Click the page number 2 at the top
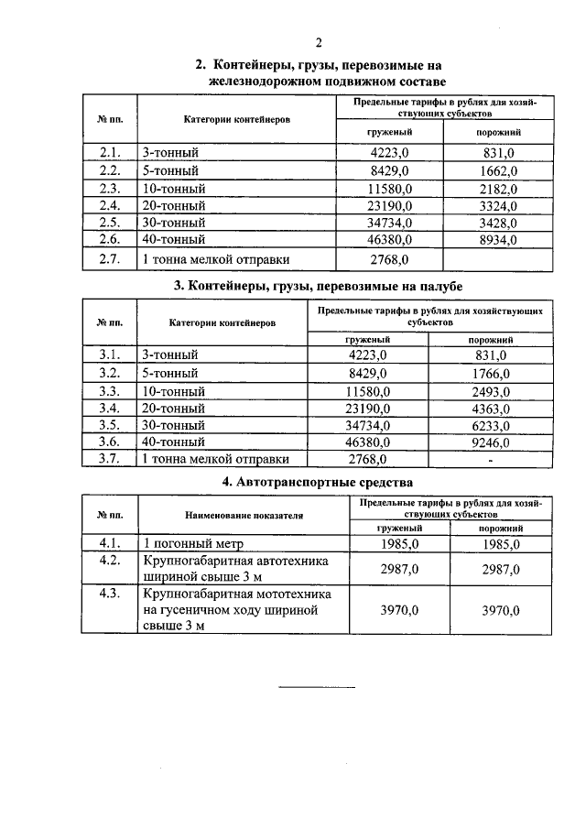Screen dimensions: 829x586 319,42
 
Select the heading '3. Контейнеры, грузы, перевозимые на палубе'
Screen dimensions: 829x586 318,287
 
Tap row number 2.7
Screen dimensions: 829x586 109,259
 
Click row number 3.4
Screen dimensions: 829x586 109,407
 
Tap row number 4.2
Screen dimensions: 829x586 109,561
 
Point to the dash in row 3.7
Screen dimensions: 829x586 492,459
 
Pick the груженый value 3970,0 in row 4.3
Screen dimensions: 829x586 399,609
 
